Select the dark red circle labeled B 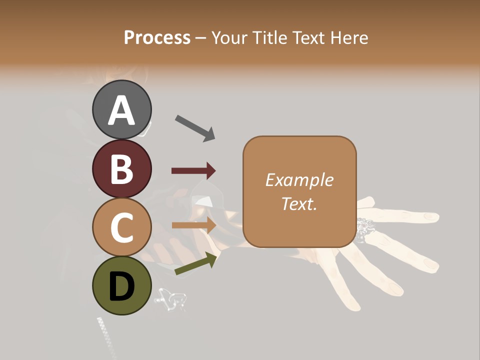[122, 168]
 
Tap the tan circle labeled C [122, 227]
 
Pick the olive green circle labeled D [122, 285]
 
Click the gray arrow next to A [195, 128]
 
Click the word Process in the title [157, 37]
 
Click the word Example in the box [299, 180]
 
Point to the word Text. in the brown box [299, 203]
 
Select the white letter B [122, 169]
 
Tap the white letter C [122, 228]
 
